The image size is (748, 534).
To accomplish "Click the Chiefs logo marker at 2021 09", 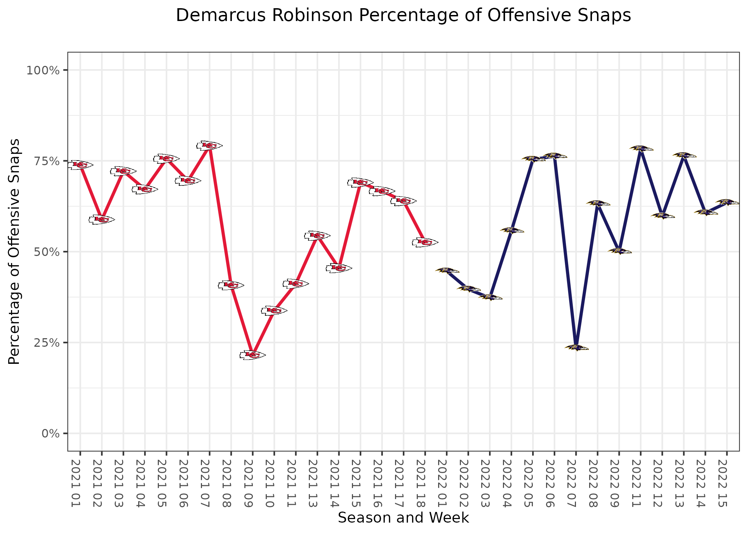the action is point(253,355).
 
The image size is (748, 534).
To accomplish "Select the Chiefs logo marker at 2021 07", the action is point(209,145).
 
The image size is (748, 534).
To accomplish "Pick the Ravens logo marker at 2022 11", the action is point(641,148).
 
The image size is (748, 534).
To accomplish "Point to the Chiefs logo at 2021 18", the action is point(425,242).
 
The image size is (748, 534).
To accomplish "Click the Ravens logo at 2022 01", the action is point(447,271).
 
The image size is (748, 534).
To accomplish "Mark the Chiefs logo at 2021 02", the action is point(102,220).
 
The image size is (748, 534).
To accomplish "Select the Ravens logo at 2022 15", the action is point(727,202).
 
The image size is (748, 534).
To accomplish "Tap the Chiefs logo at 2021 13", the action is point(317,236).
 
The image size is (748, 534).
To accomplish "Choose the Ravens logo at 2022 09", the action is point(619,251).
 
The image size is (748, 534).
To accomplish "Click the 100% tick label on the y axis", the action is point(43,70).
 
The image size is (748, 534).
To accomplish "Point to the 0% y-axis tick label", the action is point(50,434).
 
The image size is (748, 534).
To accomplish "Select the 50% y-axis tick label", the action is point(46,252).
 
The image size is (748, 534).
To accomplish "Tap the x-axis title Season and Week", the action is point(404,518).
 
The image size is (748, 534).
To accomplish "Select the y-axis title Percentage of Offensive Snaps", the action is point(14,252).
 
